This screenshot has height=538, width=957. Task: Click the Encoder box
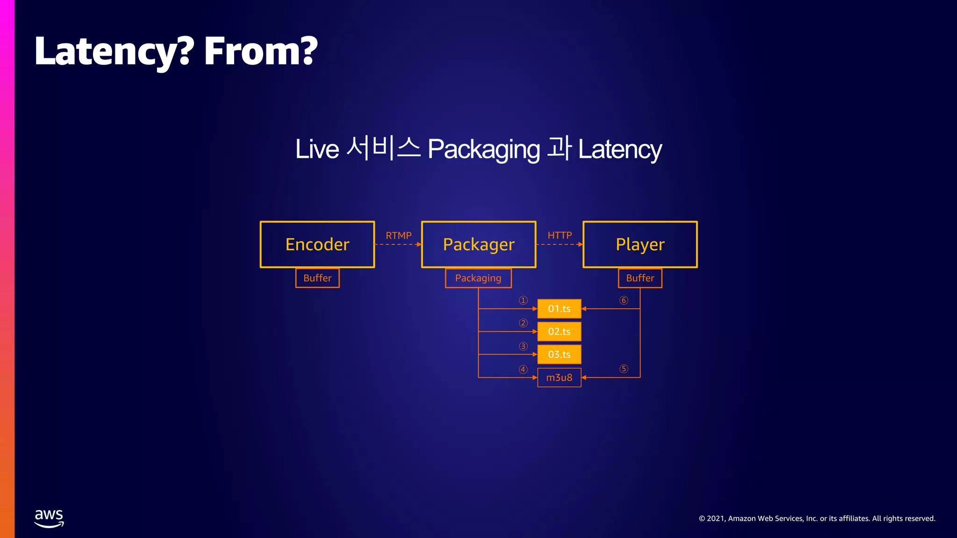point(317,244)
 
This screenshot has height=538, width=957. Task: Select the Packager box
point(478,244)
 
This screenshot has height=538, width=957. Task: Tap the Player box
point(640,244)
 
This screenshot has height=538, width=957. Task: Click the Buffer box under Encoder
point(317,278)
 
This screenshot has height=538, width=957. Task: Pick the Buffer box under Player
point(640,278)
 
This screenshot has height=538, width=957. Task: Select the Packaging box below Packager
point(478,278)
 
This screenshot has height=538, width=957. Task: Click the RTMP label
point(399,235)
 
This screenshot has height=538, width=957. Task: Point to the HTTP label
point(559,235)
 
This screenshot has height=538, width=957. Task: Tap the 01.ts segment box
point(559,309)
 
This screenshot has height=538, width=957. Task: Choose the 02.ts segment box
point(559,332)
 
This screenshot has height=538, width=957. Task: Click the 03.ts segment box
point(559,354)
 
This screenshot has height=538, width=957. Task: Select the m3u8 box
point(559,377)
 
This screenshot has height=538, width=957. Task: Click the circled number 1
point(523,300)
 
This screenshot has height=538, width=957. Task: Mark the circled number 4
point(523,369)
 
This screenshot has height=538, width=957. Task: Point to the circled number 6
point(624,300)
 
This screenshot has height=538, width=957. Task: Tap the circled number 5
point(624,369)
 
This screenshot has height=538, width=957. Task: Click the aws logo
point(49,518)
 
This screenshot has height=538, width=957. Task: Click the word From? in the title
point(260,51)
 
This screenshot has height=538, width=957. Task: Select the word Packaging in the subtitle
point(484,149)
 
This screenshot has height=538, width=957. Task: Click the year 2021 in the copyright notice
point(715,518)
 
